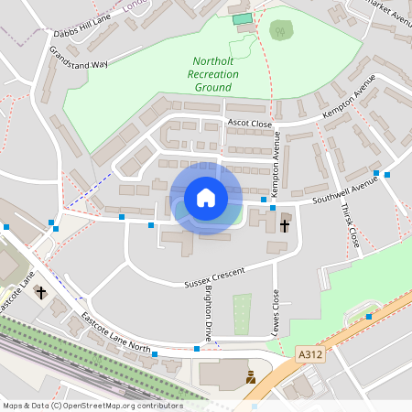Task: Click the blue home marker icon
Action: pyautogui.click(x=205, y=197)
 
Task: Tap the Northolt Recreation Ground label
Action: pyautogui.click(x=212, y=73)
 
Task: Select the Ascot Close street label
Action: pyautogui.click(x=250, y=122)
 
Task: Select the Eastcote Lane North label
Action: pyautogui.click(x=115, y=331)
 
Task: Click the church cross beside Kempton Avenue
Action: pyautogui.click(x=285, y=223)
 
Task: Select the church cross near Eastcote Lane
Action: pyautogui.click(x=40, y=292)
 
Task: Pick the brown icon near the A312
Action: pyautogui.click(x=250, y=375)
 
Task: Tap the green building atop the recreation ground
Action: pyautogui.click(x=242, y=18)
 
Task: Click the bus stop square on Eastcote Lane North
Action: pyautogui.click(x=155, y=353)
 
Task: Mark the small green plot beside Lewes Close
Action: pyautogui.click(x=242, y=313)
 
